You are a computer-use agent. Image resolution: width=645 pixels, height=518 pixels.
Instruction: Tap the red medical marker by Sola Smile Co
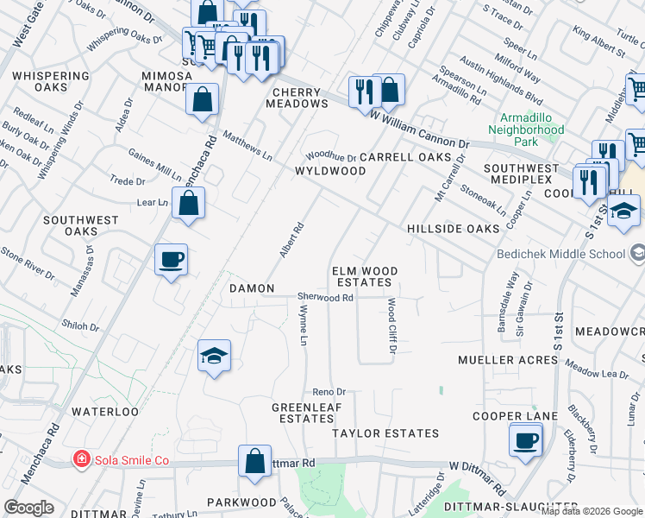[81, 459]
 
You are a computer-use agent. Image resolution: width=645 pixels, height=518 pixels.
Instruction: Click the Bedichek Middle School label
[560, 254]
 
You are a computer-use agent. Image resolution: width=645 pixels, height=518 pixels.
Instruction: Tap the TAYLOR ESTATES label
[385, 433]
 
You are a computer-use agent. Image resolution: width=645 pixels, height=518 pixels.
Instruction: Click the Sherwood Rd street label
[326, 297]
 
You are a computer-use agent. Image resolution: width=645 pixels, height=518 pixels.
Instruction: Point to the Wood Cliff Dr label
[391, 325]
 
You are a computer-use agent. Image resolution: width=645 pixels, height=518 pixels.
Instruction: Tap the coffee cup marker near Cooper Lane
[525, 441]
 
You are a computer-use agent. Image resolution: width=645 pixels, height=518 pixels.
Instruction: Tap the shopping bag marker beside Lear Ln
[188, 205]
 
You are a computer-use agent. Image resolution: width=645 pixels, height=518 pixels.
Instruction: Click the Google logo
[29, 508]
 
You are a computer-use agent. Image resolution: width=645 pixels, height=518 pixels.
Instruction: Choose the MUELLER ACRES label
[508, 359]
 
